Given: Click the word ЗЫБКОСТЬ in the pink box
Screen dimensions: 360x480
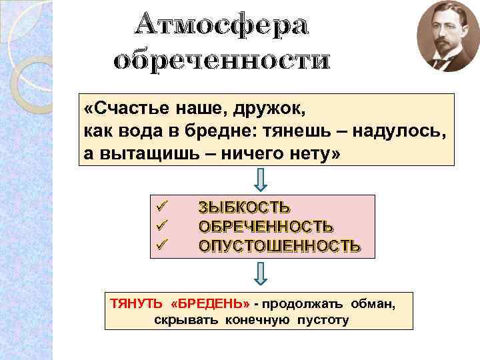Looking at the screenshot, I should click(x=244, y=207).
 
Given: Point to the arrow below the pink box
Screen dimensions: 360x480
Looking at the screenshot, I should click(x=261, y=272).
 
